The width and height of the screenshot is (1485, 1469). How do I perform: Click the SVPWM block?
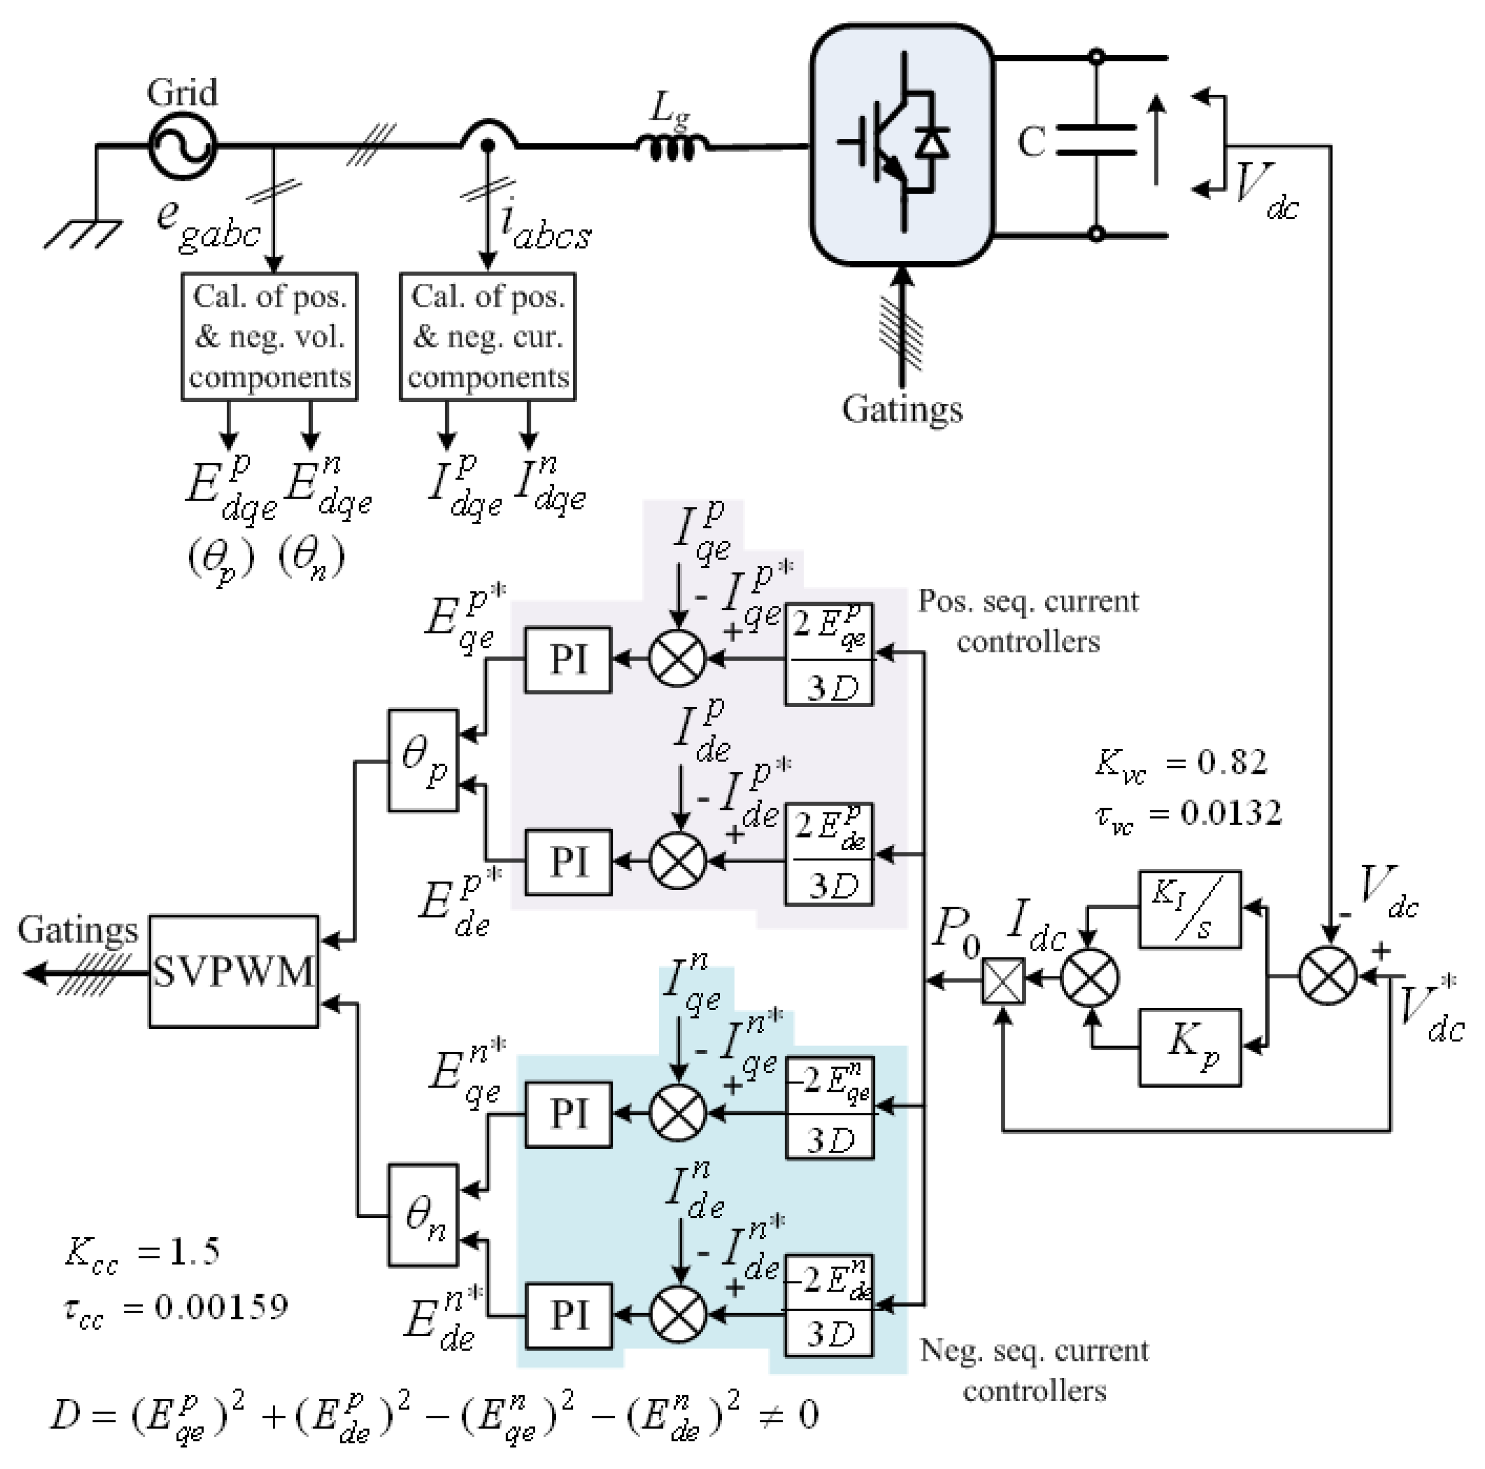pyautogui.click(x=234, y=971)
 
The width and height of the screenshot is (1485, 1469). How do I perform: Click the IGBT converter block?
pyautogui.click(x=901, y=144)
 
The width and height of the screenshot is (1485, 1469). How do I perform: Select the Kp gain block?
pyautogui.click(x=1190, y=1047)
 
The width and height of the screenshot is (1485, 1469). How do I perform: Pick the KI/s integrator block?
pyautogui.click(x=1190, y=909)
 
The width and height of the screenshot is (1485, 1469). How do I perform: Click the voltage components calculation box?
pyautogui.click(x=270, y=336)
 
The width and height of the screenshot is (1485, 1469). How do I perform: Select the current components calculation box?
pyautogui.click(x=488, y=336)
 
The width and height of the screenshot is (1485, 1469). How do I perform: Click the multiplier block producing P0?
pyautogui.click(x=1004, y=981)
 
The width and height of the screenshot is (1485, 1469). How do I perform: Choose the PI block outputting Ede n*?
pyautogui.click(x=568, y=1315)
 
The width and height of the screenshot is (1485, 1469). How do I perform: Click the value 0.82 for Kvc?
pyautogui.click(x=1232, y=761)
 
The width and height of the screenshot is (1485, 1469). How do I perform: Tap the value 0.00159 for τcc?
pyautogui.click(x=221, y=1306)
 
